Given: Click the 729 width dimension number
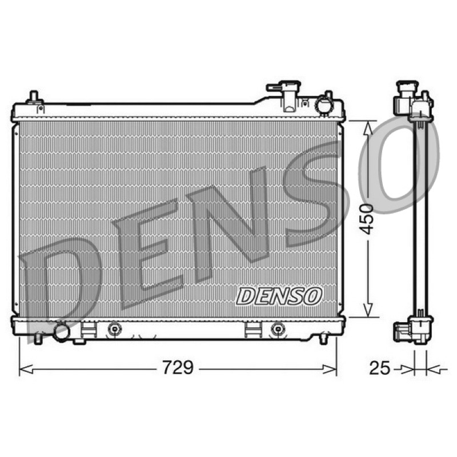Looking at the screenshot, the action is coord(178,367).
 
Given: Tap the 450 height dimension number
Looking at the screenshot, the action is coord(366,219).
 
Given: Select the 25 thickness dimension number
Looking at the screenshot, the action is coord(379,368).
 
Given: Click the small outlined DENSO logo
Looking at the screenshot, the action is coord(279,296).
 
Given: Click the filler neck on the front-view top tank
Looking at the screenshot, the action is coord(284,95).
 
